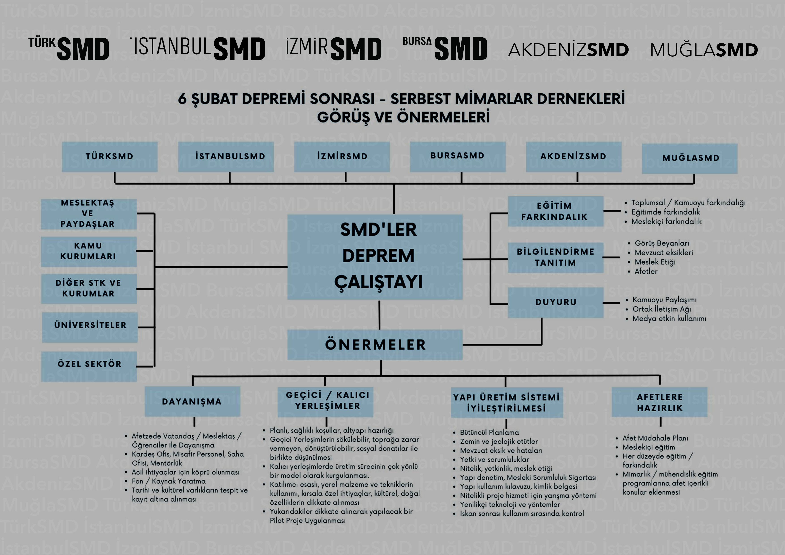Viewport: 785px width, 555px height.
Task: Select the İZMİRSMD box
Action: tap(342, 157)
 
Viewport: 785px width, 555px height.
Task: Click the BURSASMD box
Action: tap(457, 156)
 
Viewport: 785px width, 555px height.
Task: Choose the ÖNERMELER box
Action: tap(375, 345)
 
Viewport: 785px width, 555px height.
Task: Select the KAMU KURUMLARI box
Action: tap(89, 251)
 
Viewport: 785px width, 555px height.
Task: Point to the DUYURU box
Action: tap(556, 302)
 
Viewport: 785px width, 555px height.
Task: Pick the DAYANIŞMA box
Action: tap(192, 401)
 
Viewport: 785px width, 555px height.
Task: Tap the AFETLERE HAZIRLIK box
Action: tap(659, 402)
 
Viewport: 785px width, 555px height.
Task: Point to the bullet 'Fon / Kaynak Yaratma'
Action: tap(169, 481)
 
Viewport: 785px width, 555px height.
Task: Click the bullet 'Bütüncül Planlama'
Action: tap(489, 433)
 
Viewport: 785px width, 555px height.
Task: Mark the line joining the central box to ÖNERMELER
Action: tap(380, 315)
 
